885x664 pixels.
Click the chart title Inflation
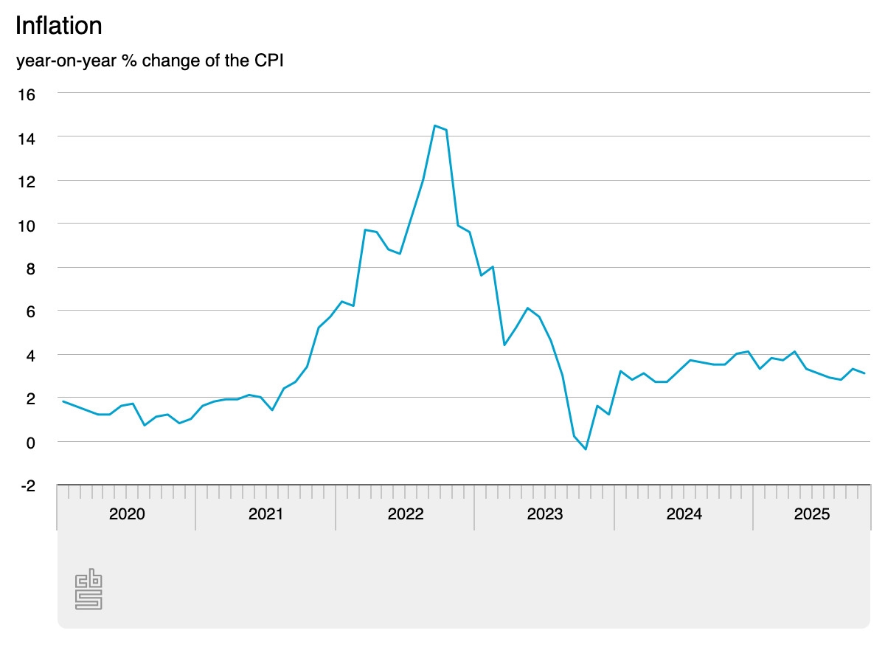coord(58,26)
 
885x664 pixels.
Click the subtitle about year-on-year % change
coord(150,60)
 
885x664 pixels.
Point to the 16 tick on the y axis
coord(27,94)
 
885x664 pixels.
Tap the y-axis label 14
coord(27,137)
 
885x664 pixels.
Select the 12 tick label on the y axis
coord(27,181)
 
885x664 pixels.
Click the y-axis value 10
coord(27,224)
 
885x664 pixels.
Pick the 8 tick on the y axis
coord(30,268)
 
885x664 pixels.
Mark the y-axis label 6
coord(30,311)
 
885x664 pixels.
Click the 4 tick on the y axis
coord(30,355)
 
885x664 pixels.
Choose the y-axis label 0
coord(30,442)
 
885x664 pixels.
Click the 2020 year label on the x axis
coord(127,513)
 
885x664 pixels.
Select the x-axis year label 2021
coord(265,513)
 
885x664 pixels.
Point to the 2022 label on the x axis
coord(405,513)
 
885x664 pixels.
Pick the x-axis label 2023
coord(544,513)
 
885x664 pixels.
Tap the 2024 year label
coord(684,513)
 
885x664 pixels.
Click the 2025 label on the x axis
coord(811,513)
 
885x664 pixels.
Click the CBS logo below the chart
coord(88,589)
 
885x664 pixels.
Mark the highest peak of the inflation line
coord(435,126)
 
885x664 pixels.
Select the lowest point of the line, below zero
coord(586,449)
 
